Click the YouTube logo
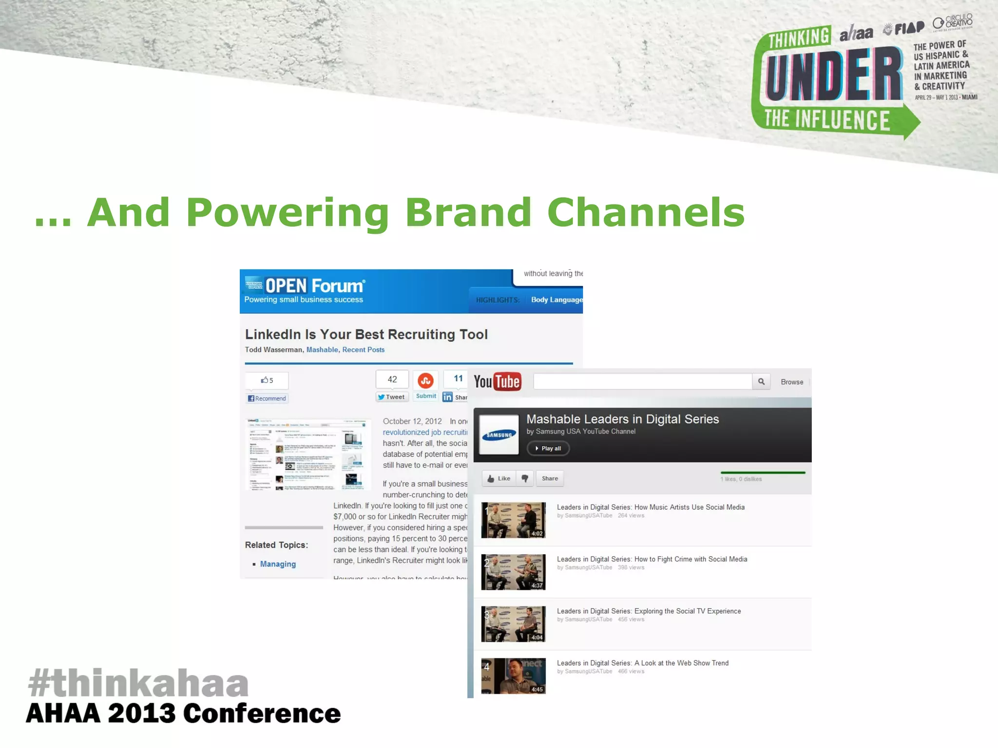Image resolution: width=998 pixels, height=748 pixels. [x=497, y=382]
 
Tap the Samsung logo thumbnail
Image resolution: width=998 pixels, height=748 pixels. [x=499, y=435]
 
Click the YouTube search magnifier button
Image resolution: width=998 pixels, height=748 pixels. [x=761, y=382]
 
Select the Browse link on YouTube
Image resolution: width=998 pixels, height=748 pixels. [x=792, y=382]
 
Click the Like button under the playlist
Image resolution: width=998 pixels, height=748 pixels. [x=499, y=479]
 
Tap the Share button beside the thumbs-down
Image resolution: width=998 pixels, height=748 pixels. [x=550, y=479]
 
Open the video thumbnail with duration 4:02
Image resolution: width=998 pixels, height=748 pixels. [x=513, y=520]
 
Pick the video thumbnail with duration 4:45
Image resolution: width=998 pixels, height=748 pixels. [x=513, y=676]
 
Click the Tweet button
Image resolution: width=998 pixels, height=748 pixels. [x=392, y=397]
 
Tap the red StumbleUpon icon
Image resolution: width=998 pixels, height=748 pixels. [x=425, y=380]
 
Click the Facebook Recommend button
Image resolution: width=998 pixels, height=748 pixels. [x=267, y=398]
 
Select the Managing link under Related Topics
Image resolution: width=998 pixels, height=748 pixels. [x=278, y=564]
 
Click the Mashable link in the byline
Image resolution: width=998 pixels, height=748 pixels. [x=322, y=350]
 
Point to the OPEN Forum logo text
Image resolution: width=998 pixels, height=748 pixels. [x=314, y=286]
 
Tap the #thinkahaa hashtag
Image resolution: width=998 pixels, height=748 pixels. [x=138, y=683]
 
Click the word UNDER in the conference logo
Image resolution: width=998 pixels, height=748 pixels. [x=834, y=75]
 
